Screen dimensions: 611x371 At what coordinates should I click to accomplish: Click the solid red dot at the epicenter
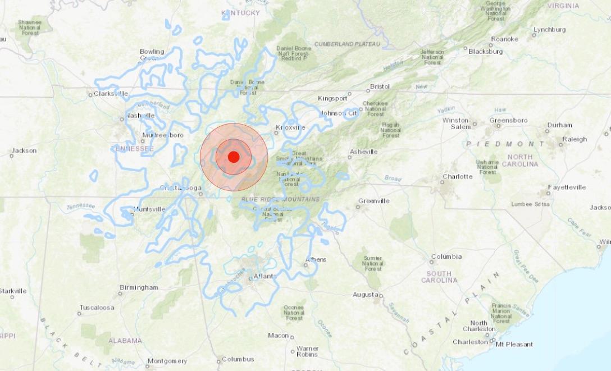pyautogui.click(x=234, y=157)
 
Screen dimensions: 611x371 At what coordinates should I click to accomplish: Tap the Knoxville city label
pyautogui.click(x=291, y=127)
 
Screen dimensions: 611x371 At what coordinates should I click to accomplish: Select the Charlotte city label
pyautogui.click(x=457, y=176)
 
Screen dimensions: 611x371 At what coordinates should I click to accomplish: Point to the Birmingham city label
pyautogui.click(x=139, y=287)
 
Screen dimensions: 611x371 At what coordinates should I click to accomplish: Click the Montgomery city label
pyautogui.click(x=167, y=361)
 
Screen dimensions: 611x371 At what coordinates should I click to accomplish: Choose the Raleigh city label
pyautogui.click(x=574, y=139)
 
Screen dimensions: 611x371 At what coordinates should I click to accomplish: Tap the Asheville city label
pyautogui.click(x=363, y=152)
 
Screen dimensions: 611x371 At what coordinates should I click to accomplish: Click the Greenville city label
pyautogui.click(x=373, y=201)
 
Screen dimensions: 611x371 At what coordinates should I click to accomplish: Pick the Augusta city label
pyautogui.click(x=365, y=295)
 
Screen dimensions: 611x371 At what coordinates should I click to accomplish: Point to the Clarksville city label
pyautogui.click(x=111, y=94)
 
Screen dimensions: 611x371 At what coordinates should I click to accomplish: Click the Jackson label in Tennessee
pyautogui.click(x=24, y=150)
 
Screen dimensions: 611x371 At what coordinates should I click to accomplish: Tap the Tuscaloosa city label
pyautogui.click(x=97, y=308)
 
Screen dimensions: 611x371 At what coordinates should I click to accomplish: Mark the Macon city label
pyautogui.click(x=278, y=336)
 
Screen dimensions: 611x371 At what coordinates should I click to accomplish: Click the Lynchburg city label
pyautogui.click(x=549, y=29)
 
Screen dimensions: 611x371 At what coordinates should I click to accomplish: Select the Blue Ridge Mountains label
pyautogui.click(x=280, y=199)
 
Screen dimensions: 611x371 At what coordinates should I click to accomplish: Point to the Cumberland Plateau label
pyautogui.click(x=347, y=44)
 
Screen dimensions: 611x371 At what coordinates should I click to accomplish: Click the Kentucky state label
pyautogui.click(x=240, y=13)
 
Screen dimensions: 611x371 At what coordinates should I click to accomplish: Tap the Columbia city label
pyautogui.click(x=446, y=257)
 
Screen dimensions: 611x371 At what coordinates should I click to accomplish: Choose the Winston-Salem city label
pyautogui.click(x=456, y=123)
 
